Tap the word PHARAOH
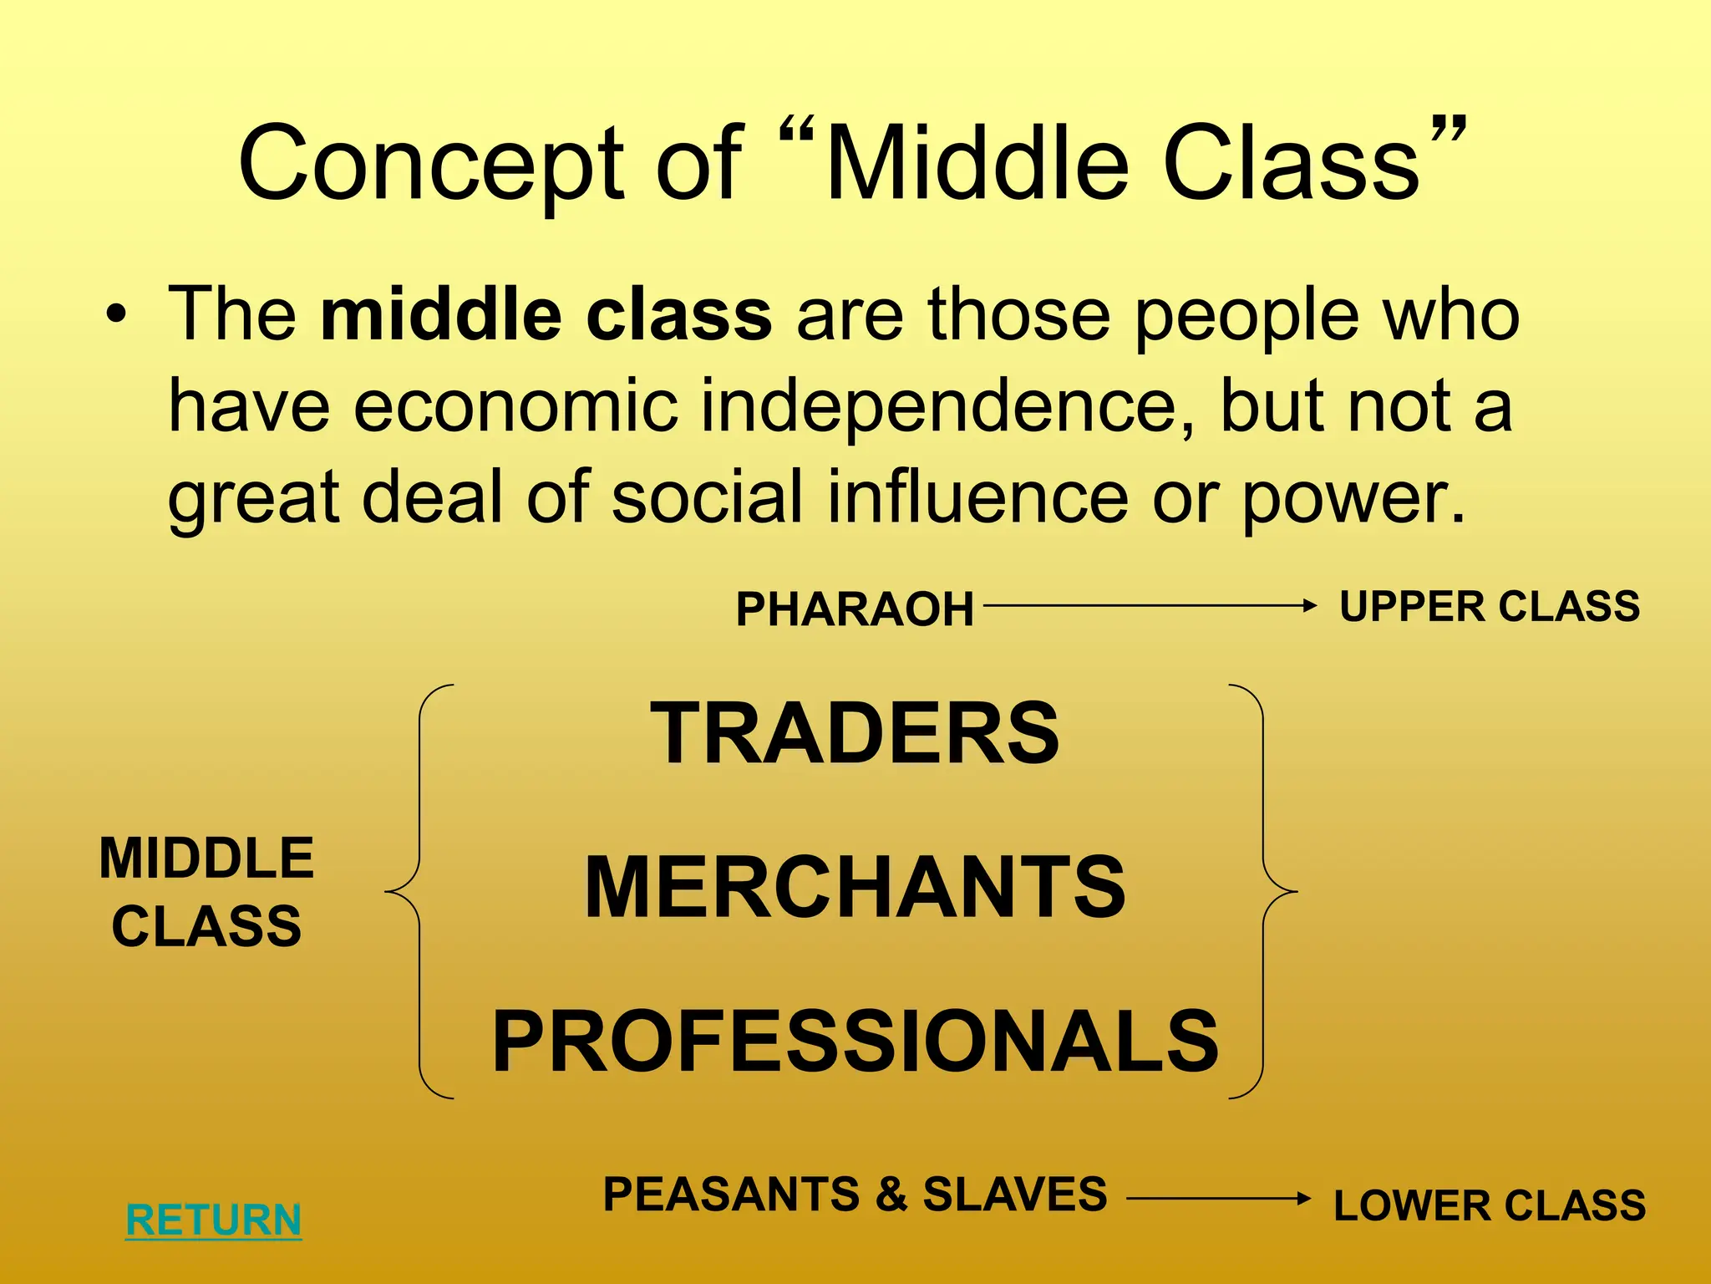pyautogui.click(x=855, y=609)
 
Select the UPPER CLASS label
pyautogui.click(x=1489, y=606)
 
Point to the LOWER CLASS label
pyautogui.click(x=1489, y=1205)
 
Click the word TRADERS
pyautogui.click(x=855, y=733)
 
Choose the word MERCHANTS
pyautogui.click(x=855, y=887)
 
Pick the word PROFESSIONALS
pyautogui.click(x=855, y=1042)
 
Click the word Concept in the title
pyautogui.click(x=431, y=165)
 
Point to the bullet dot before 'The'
pyautogui.click(x=116, y=316)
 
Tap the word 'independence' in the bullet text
pyautogui.click(x=947, y=406)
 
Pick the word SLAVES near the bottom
pyautogui.click(x=1014, y=1194)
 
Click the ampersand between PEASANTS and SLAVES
pyautogui.click(x=891, y=1194)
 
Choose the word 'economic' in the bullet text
pyautogui.click(x=515, y=406)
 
